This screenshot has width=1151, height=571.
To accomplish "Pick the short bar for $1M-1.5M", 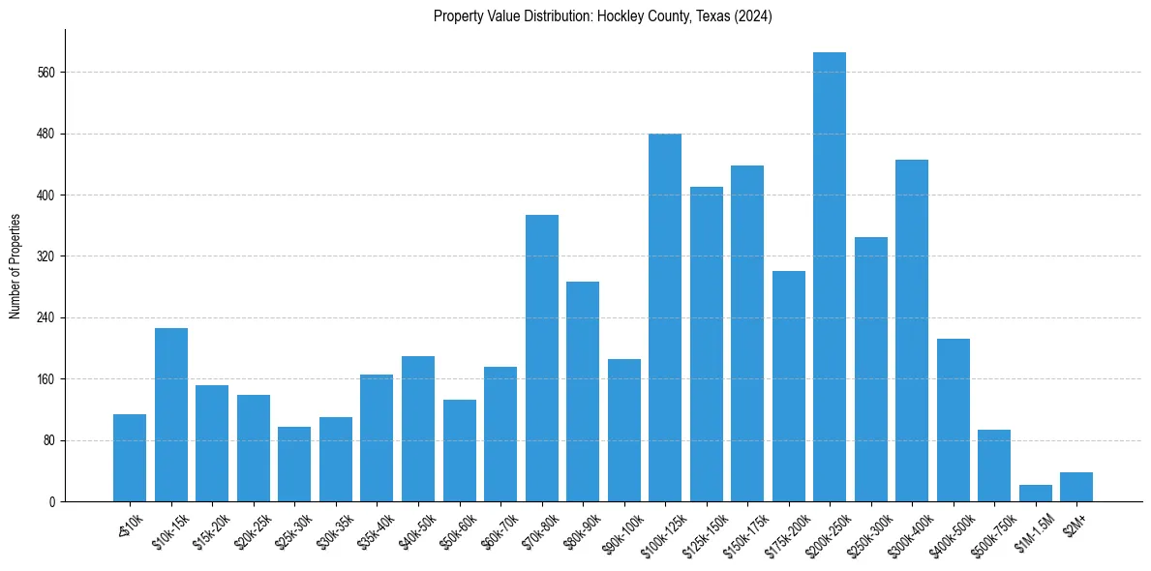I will point(1036,494).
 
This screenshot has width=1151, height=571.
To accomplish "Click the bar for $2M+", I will point(1076,487).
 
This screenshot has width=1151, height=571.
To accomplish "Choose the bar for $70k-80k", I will point(542,358).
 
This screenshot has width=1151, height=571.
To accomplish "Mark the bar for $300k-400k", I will point(912,330).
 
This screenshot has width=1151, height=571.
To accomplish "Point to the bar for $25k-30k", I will point(294,465).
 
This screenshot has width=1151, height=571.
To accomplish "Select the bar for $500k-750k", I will point(994,466).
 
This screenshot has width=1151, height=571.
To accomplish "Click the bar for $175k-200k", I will point(789,386).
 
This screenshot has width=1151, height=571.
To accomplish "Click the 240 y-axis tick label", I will point(47,317).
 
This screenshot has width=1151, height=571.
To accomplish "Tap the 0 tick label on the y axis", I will point(53,501).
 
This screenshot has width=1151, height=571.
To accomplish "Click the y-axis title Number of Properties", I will point(15,265).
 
